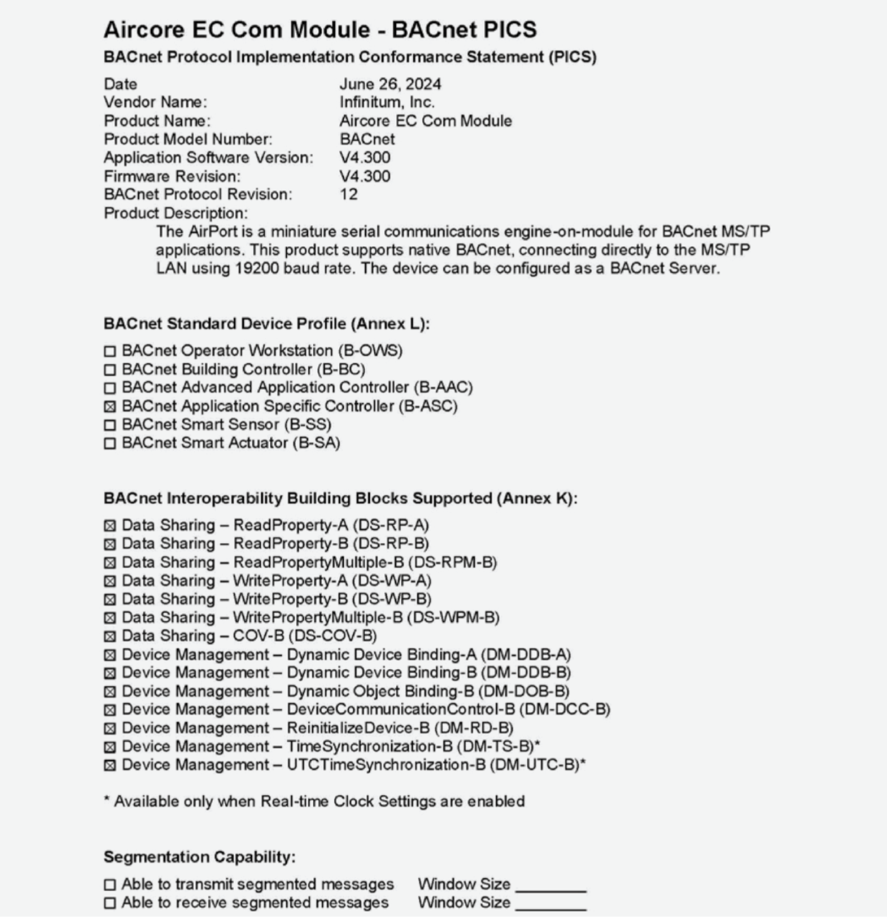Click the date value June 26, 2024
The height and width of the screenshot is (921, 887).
click(390, 84)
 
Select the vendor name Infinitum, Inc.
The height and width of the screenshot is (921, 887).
click(387, 102)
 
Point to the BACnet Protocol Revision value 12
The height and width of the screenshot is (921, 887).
click(349, 195)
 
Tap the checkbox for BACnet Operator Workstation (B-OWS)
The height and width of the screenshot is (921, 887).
click(110, 352)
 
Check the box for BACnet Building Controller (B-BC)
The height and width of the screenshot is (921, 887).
click(110, 370)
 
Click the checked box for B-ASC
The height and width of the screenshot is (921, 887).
click(110, 407)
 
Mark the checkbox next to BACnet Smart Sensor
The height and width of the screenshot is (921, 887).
click(110, 425)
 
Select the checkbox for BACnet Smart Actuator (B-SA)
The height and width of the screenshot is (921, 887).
click(110, 443)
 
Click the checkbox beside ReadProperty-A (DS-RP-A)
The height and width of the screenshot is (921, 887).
click(110, 526)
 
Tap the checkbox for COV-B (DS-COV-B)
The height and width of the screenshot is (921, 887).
click(110, 637)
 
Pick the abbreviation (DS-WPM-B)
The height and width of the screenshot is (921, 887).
click(453, 617)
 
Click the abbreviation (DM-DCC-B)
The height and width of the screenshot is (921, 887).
click(565, 710)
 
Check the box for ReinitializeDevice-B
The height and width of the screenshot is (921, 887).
click(110, 728)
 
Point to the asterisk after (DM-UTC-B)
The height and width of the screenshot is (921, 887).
click(583, 763)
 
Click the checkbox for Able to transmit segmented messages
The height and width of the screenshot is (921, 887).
click(110, 885)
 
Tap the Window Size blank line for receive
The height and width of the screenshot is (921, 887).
click(551, 907)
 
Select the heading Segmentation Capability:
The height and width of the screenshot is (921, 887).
click(200, 857)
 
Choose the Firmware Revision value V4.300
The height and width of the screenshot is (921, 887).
click(365, 176)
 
